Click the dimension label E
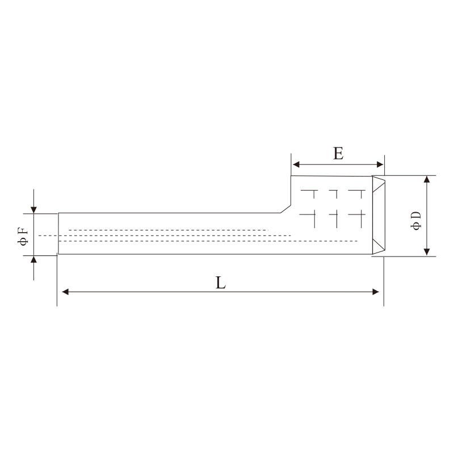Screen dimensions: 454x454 (338, 153)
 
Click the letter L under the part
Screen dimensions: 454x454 (221, 282)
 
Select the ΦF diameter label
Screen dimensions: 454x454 (23, 236)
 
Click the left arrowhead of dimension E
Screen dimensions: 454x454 (296, 165)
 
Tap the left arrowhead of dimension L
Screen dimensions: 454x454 (65, 292)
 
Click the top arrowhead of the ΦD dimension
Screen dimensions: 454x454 (427, 180)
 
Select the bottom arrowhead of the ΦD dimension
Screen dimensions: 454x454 (427, 251)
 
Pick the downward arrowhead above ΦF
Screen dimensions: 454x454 (34, 209)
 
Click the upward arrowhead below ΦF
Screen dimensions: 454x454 (34, 260)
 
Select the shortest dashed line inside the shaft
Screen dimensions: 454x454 (167, 230)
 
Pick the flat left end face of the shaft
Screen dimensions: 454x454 (58, 233)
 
